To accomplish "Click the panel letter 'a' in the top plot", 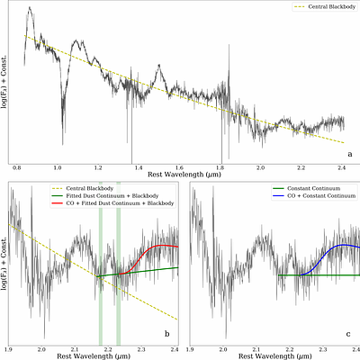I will point(349,155).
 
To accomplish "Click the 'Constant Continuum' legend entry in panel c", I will point(311,188).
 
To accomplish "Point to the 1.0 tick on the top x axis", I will point(58,168).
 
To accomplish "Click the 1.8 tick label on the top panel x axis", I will point(220,168).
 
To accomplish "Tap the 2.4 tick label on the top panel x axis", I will point(343,168).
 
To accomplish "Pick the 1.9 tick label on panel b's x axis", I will point(9,347).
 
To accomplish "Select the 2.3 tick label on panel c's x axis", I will point(321,347).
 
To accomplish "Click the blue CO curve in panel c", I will point(333,246).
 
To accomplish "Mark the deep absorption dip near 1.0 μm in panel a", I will point(62,135).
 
